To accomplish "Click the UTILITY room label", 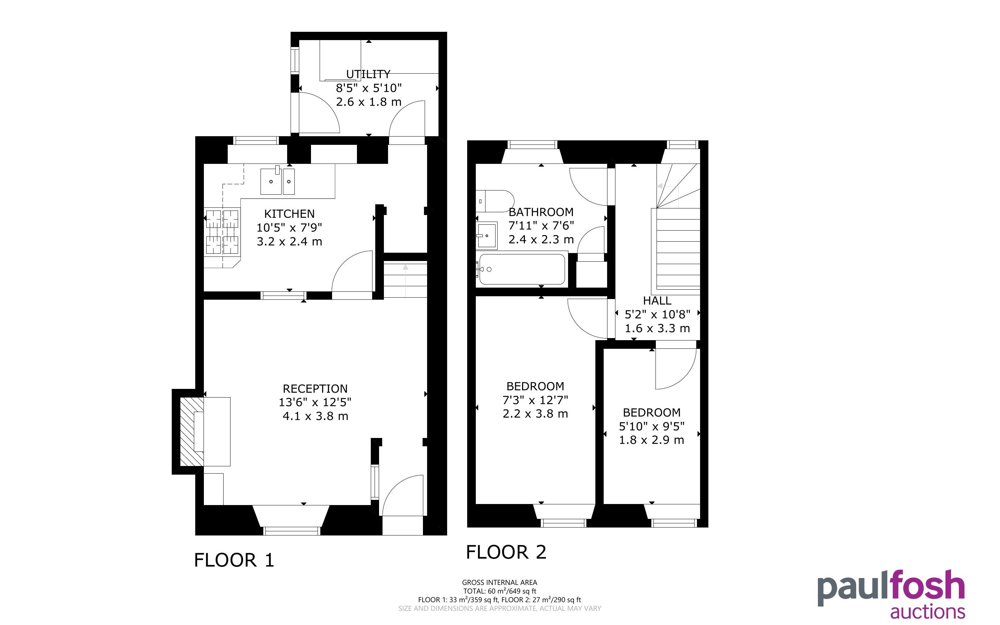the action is (x=368, y=74).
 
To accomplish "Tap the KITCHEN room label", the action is (x=289, y=214).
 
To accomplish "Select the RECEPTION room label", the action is (x=315, y=389).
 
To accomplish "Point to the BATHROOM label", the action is (x=541, y=212).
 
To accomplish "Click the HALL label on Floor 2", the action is (x=657, y=300).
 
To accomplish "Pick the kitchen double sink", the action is (x=277, y=181).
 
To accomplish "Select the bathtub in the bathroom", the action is (x=522, y=269).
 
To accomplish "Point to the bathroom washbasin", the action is (x=487, y=236).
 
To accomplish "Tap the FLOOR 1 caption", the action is (x=234, y=560).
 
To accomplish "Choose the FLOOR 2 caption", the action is (x=507, y=552).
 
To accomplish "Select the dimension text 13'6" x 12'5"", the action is (x=315, y=402).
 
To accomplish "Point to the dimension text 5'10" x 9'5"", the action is (x=652, y=426).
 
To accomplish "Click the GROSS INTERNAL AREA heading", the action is (x=500, y=582).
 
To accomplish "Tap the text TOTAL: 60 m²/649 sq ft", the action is (x=500, y=591).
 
